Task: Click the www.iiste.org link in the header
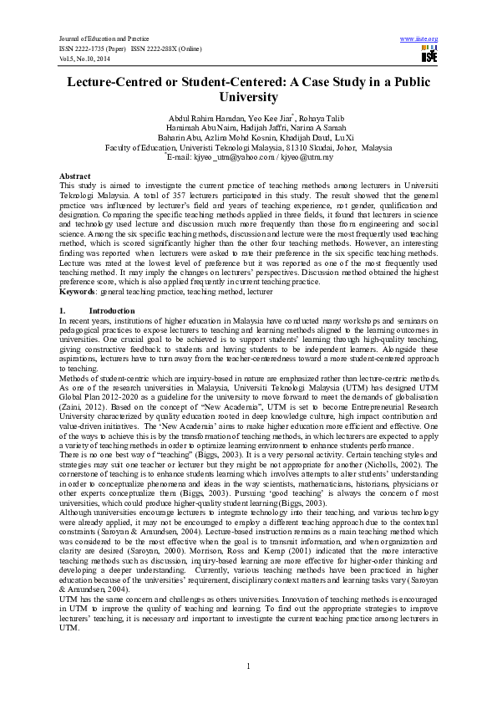click(x=419, y=39)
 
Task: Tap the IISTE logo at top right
click(x=429, y=55)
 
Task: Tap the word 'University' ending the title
click(x=248, y=97)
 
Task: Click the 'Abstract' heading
click(x=74, y=176)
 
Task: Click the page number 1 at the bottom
click(x=249, y=665)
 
